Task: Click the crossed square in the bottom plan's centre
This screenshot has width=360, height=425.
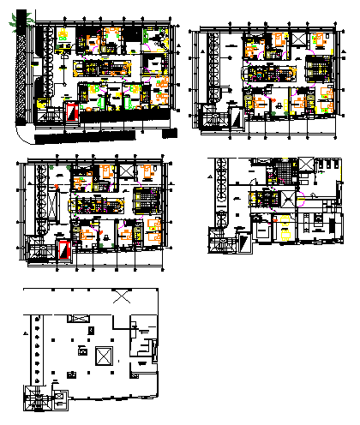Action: (x=104, y=355)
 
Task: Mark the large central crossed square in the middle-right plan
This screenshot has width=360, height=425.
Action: (x=294, y=198)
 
